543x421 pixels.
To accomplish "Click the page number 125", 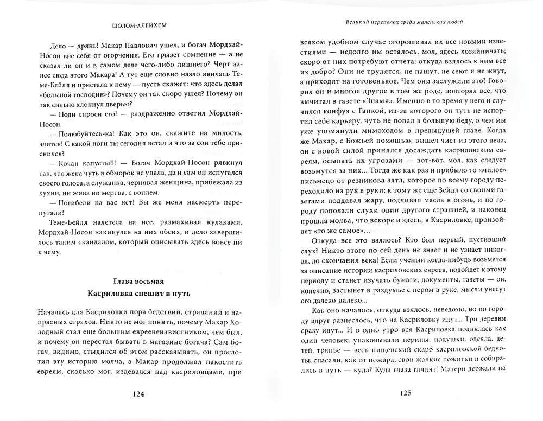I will click(406, 395).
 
